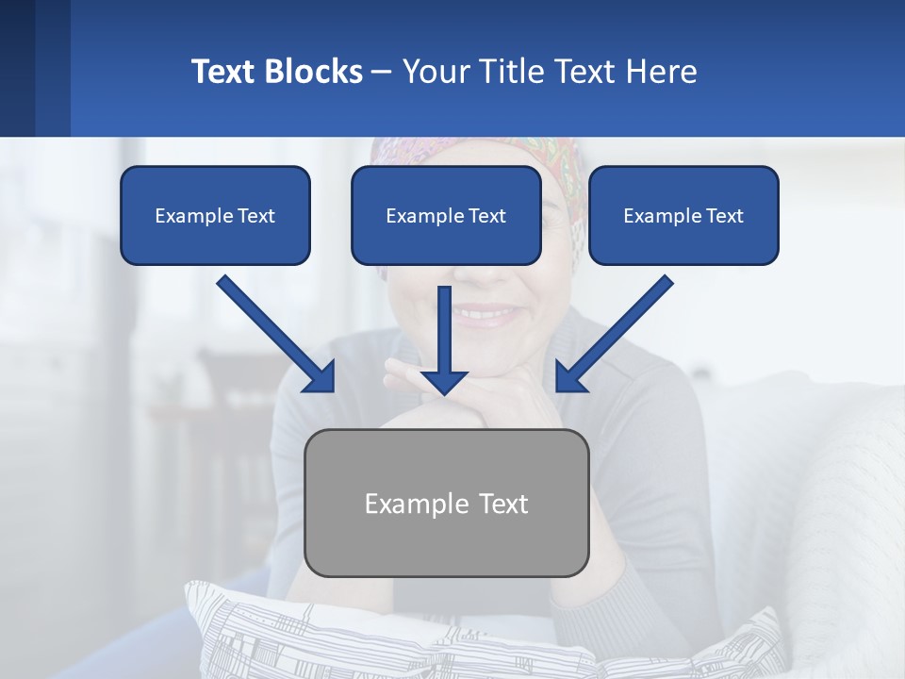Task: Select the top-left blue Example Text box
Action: pos(215,215)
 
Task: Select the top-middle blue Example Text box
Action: pos(446,215)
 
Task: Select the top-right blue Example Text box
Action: pos(683,215)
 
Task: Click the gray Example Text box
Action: pos(446,503)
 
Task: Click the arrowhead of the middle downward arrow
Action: pos(444,379)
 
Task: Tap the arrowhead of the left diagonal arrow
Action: pos(321,377)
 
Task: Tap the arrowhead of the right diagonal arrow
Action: pos(570,377)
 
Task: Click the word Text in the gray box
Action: pos(502,504)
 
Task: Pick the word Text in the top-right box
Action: pos(724,216)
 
